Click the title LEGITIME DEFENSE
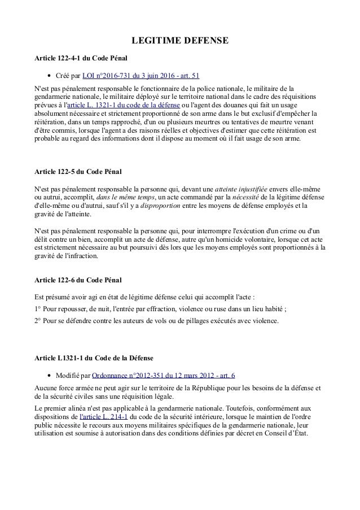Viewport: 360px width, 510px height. pyautogui.click(x=180, y=41)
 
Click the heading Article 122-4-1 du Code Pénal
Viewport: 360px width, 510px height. pyautogui.click(x=81, y=58)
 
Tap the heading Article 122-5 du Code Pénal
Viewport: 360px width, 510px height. pyautogui.click(x=78, y=171)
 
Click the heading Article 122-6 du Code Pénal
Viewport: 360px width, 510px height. pyautogui.click(x=78, y=280)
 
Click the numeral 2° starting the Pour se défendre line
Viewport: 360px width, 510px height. pyautogui.click(x=39, y=321)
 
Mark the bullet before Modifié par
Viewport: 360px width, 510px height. pyautogui.click(x=50, y=375)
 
